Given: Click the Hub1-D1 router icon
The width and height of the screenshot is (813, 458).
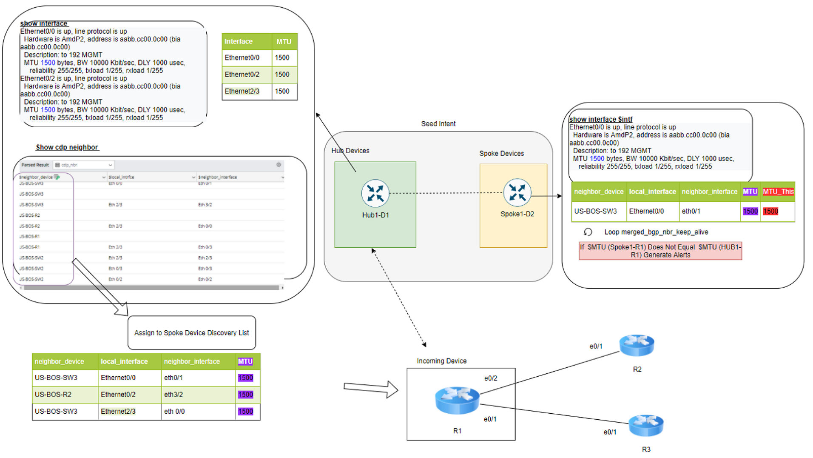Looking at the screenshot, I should coord(375,193).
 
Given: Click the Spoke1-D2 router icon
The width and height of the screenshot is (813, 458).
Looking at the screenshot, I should coord(517,192).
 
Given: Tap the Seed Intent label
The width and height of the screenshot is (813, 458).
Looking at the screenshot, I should coord(438,124).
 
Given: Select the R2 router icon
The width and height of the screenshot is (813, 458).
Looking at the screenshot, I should coord(636,345).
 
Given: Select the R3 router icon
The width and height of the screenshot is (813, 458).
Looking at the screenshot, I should coord(645,425).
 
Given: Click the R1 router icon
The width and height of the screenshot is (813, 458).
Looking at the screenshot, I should coord(457,400).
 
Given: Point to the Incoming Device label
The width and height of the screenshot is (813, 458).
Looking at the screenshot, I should coord(441,361).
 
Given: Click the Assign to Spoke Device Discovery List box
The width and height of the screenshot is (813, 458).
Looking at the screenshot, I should coord(191,333).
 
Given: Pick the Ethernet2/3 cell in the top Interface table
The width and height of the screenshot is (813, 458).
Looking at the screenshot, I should coord(242,92).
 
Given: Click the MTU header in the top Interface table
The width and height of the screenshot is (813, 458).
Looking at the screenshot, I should coord(284,42).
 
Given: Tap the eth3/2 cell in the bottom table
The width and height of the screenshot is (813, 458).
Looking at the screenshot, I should coord(173,395).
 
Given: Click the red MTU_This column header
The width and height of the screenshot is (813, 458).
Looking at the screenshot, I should coord(778,192).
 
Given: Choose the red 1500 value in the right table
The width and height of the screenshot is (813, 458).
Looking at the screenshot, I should coord(770,211).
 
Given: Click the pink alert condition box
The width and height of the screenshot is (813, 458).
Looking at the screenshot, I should coord(660,251).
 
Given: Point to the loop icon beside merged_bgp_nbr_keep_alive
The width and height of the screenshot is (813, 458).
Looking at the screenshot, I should coord(588,232).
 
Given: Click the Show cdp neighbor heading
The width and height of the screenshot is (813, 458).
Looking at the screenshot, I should coord(67,147).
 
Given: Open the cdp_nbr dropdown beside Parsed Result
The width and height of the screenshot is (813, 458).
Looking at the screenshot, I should coord(84,165).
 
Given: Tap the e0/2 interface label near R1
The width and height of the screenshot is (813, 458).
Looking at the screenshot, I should coord(490,378).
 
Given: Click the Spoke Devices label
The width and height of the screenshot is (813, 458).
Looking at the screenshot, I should coord(501,154).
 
